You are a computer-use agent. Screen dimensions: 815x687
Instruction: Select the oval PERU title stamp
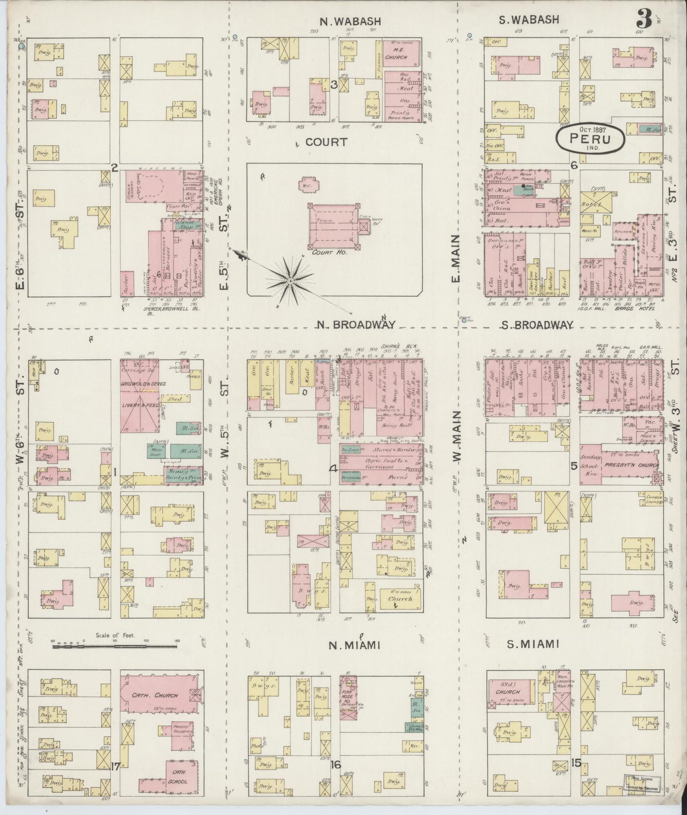(590, 138)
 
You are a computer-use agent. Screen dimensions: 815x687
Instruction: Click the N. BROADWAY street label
(357, 324)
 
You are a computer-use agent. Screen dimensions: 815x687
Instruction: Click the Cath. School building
(181, 777)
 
